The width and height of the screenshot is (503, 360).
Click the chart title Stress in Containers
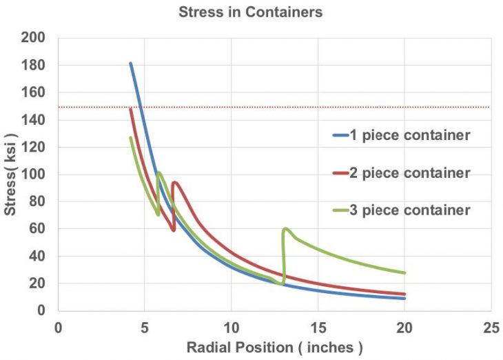(x=250, y=12)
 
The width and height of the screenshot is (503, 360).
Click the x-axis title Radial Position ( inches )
(x=274, y=347)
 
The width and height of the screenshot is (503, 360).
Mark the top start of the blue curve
(x=130, y=63)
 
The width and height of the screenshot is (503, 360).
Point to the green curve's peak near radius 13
(x=285, y=229)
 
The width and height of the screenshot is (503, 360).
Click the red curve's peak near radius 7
(x=176, y=182)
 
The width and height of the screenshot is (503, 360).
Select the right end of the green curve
(x=404, y=273)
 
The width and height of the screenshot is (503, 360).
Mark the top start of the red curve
(x=130, y=108)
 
